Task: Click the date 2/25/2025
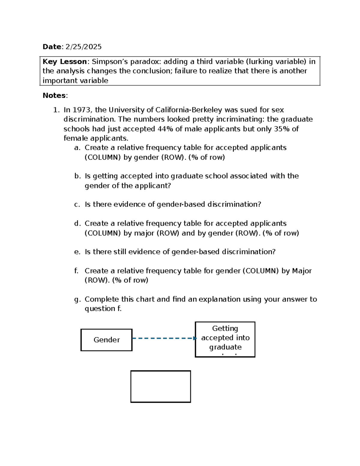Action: pos(83,47)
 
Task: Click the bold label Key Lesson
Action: pos(64,62)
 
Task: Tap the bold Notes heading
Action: pos(54,95)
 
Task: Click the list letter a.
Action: pos(77,148)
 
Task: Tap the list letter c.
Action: pos(77,205)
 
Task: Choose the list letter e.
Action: pos(77,252)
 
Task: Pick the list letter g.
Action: pos(77,299)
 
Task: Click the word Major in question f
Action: pos(302,271)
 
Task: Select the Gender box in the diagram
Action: pos(106,340)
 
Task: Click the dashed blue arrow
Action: pos(163,338)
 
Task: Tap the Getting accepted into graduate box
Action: pos(225,339)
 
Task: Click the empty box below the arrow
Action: pos(160,386)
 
